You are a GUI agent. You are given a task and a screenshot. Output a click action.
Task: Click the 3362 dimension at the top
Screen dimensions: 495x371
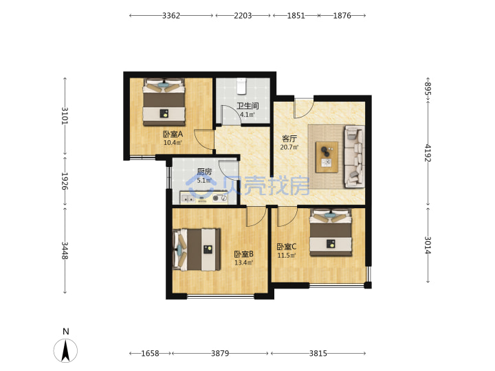(171, 15)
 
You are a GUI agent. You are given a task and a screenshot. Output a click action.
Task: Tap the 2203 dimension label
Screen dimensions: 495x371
(243, 15)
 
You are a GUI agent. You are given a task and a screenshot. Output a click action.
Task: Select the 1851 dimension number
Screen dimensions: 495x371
(296, 15)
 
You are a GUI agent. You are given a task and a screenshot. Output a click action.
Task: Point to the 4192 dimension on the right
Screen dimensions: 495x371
(428, 153)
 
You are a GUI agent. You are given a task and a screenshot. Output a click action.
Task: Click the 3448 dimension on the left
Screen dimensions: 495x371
(65, 251)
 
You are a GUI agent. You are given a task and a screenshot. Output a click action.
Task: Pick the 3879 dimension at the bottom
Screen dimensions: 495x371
(220, 353)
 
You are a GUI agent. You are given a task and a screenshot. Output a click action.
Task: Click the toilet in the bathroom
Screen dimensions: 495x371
(241, 86)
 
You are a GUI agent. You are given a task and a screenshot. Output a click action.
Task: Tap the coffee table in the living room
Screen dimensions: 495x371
(327, 157)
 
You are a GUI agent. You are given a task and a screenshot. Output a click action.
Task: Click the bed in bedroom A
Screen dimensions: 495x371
(164, 102)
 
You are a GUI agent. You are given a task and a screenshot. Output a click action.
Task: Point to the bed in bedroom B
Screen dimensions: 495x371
(197, 249)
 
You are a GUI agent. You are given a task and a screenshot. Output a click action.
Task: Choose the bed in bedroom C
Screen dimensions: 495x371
(331, 232)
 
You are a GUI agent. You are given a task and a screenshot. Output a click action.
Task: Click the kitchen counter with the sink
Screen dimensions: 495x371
(203, 198)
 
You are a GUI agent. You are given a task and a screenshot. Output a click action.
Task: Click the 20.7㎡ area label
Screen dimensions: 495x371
(289, 147)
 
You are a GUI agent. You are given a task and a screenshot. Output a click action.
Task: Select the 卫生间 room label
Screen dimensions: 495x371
(247, 106)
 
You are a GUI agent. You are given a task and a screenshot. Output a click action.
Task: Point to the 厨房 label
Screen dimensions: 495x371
(204, 172)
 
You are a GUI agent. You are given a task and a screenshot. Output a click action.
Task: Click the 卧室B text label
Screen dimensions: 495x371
(243, 254)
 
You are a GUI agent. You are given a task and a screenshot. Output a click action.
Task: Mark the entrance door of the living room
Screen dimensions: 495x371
(303, 109)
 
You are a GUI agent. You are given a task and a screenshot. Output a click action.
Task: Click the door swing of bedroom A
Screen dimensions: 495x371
(203, 139)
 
